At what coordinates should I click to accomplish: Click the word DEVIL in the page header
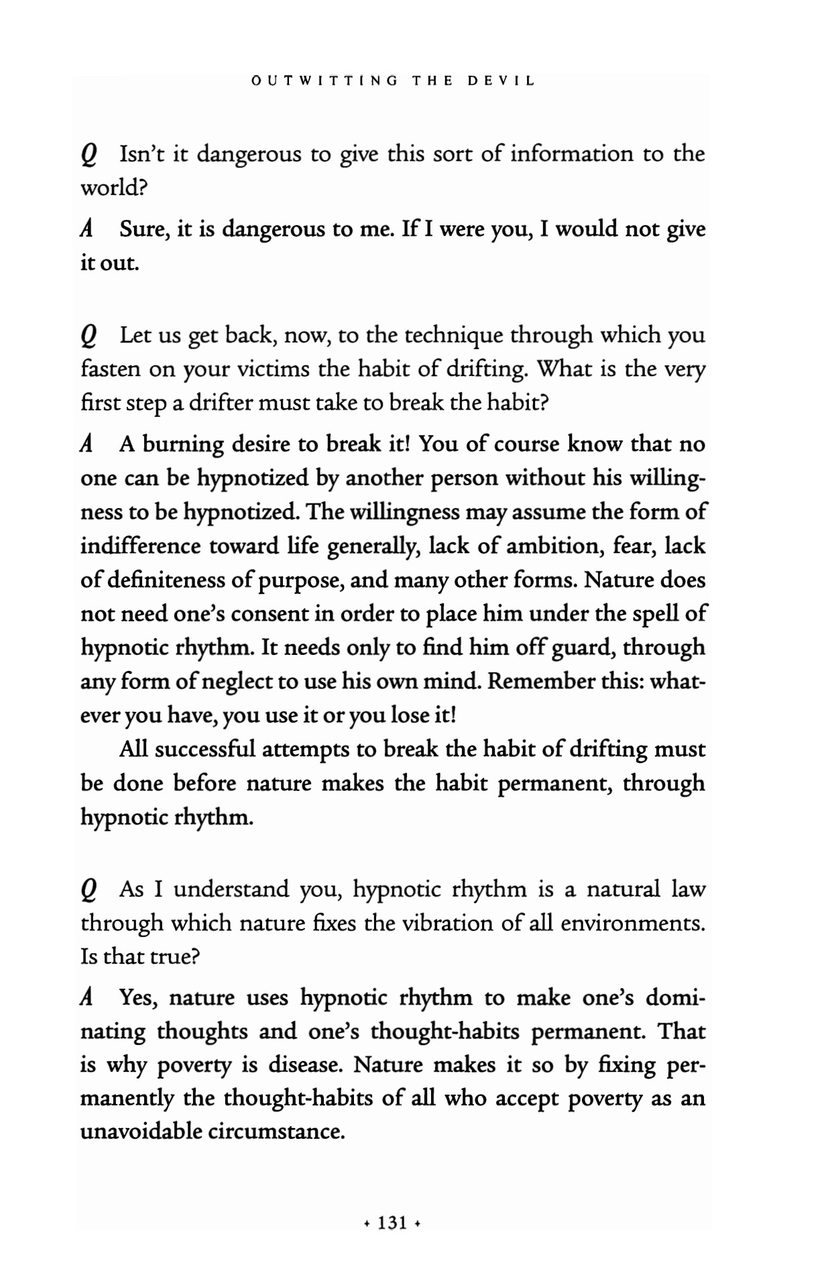(501, 81)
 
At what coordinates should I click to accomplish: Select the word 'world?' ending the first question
(113, 188)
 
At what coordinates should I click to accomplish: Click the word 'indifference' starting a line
(141, 546)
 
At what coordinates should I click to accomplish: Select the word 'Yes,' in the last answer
(139, 998)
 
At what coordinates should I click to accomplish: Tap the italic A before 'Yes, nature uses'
(86, 998)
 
